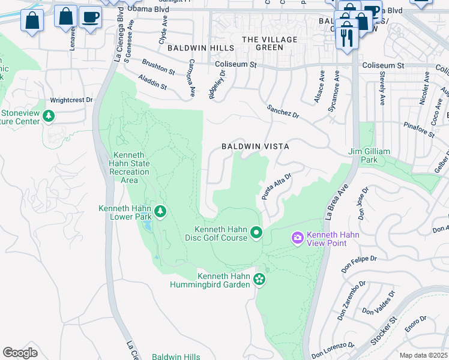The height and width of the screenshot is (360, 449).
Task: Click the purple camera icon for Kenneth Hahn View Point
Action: point(297,239)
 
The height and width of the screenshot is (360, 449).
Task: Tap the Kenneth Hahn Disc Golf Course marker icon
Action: point(256,232)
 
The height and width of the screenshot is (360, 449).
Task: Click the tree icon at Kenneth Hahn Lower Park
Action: point(160,211)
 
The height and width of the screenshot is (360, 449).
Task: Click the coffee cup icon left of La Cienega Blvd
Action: point(90,18)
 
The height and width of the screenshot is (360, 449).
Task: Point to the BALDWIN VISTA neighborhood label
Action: point(255,146)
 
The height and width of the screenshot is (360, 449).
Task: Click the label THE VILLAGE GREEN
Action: point(270,43)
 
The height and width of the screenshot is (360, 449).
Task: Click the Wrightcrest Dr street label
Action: point(71,100)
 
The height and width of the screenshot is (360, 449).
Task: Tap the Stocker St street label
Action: point(384,331)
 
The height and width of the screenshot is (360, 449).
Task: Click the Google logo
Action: point(20,353)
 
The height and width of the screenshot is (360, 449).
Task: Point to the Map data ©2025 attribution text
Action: point(423,355)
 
